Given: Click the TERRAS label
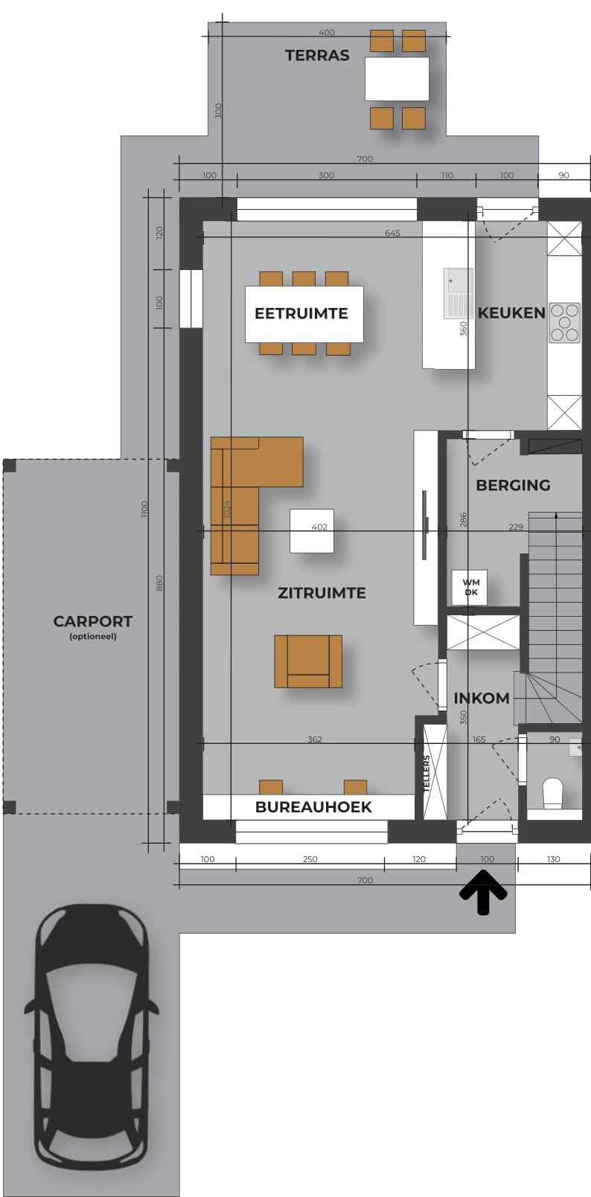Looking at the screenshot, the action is pyautogui.click(x=316, y=55).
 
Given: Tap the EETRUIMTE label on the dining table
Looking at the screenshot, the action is pyautogui.click(x=301, y=313).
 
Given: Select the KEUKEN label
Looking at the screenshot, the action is pyautogui.click(x=511, y=312).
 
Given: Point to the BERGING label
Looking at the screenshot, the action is pyautogui.click(x=513, y=485).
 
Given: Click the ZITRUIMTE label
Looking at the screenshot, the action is pyautogui.click(x=322, y=593).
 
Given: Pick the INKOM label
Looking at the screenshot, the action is pyautogui.click(x=482, y=698).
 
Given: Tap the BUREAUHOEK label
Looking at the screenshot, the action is pyautogui.click(x=313, y=807).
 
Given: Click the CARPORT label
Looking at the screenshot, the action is pyautogui.click(x=92, y=621).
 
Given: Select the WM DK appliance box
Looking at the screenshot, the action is pyautogui.click(x=470, y=588).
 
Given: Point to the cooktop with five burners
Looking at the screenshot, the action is pyautogui.click(x=565, y=322).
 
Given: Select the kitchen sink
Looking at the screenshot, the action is pyautogui.click(x=459, y=293).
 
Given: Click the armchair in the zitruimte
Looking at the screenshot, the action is pyautogui.click(x=308, y=661).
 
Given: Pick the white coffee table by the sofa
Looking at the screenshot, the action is pyautogui.click(x=312, y=530).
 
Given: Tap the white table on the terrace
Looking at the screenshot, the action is pyautogui.click(x=397, y=79).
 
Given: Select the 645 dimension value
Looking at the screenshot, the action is pyautogui.click(x=392, y=233).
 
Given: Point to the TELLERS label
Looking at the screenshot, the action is pyautogui.click(x=427, y=773).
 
